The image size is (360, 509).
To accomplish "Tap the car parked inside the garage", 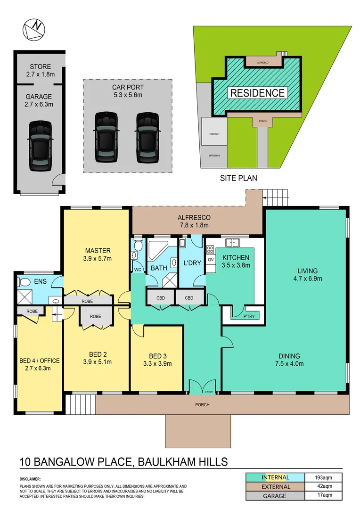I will (x=40, y=146).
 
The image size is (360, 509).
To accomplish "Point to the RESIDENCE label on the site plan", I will (x=257, y=93).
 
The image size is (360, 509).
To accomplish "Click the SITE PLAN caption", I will (x=238, y=178).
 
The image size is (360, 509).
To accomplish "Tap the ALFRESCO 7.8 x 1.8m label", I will (x=193, y=222).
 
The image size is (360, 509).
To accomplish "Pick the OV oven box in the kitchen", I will (x=211, y=272).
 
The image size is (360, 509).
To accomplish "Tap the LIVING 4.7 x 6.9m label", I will (x=307, y=275).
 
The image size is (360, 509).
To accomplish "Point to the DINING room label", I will (x=288, y=360).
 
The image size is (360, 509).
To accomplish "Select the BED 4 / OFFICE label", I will (x=40, y=364).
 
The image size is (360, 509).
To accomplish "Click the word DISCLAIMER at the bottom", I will (x=30, y=479).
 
